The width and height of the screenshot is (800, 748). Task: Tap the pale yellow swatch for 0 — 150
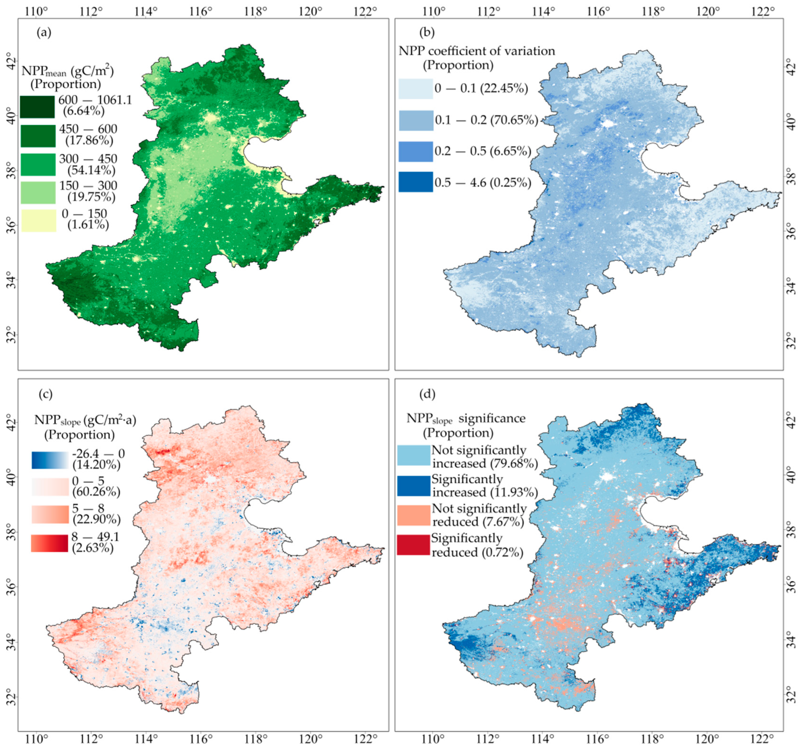pos(39,221)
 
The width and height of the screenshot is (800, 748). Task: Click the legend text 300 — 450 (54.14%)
pos(88,164)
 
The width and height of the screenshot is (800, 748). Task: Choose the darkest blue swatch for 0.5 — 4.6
pos(416,182)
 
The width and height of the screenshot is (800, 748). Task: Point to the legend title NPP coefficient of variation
pos(477,51)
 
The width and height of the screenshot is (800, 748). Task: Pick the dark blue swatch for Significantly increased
pos(413,486)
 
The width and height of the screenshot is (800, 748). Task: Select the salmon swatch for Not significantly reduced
pos(413,515)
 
